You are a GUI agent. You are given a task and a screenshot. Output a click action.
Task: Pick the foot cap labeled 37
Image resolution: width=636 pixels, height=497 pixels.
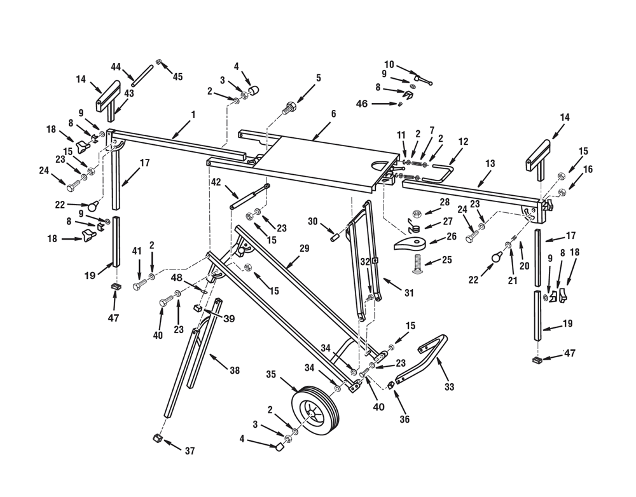(155, 439)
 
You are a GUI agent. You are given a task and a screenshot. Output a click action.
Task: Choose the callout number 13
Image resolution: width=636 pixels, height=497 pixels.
(489, 164)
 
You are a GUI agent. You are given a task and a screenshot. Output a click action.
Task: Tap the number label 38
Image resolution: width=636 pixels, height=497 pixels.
(235, 371)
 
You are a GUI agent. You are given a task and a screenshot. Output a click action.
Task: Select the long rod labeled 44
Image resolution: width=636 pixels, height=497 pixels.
(142, 76)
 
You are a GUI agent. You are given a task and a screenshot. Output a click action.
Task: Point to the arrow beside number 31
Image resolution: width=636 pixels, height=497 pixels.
(391, 285)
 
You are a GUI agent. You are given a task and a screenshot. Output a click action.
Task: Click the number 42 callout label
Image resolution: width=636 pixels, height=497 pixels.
(216, 182)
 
